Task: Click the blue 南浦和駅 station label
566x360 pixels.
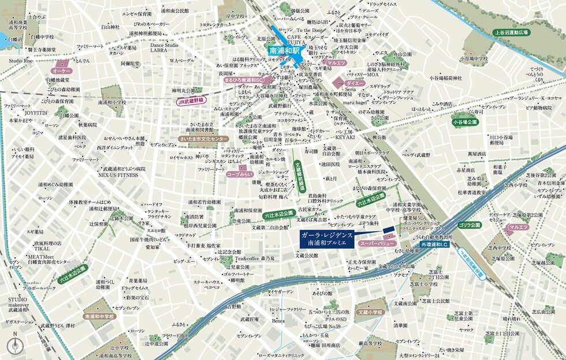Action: coord(285,51)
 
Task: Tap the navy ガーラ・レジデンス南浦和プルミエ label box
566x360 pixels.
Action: coord(327,240)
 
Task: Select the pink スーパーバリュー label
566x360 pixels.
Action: coord(377,244)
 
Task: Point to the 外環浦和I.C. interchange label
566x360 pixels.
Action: coord(437,245)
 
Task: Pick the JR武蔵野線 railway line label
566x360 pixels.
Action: coord(192,101)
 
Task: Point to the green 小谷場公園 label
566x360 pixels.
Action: coord(466,123)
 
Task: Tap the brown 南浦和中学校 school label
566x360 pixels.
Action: coord(99,317)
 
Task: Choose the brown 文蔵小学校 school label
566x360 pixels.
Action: coord(370,312)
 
